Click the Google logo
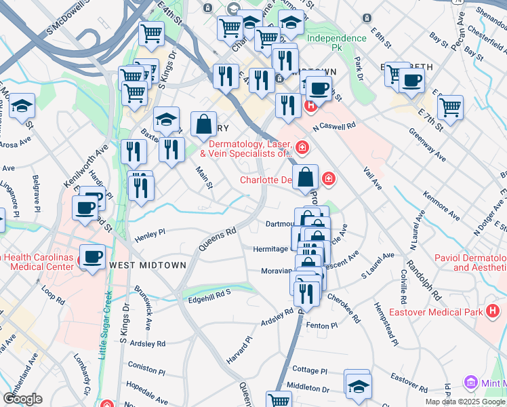tap(22, 398)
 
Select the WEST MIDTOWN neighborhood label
tap(147, 265)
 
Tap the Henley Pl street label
tap(150, 236)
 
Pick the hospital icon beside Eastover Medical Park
tap(493, 311)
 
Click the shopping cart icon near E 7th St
tap(450, 106)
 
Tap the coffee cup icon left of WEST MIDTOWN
tap(92, 256)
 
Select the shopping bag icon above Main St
tap(203, 124)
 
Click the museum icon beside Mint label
tap(470, 383)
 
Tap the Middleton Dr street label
tap(308, 388)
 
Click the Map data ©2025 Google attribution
tap(465, 402)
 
